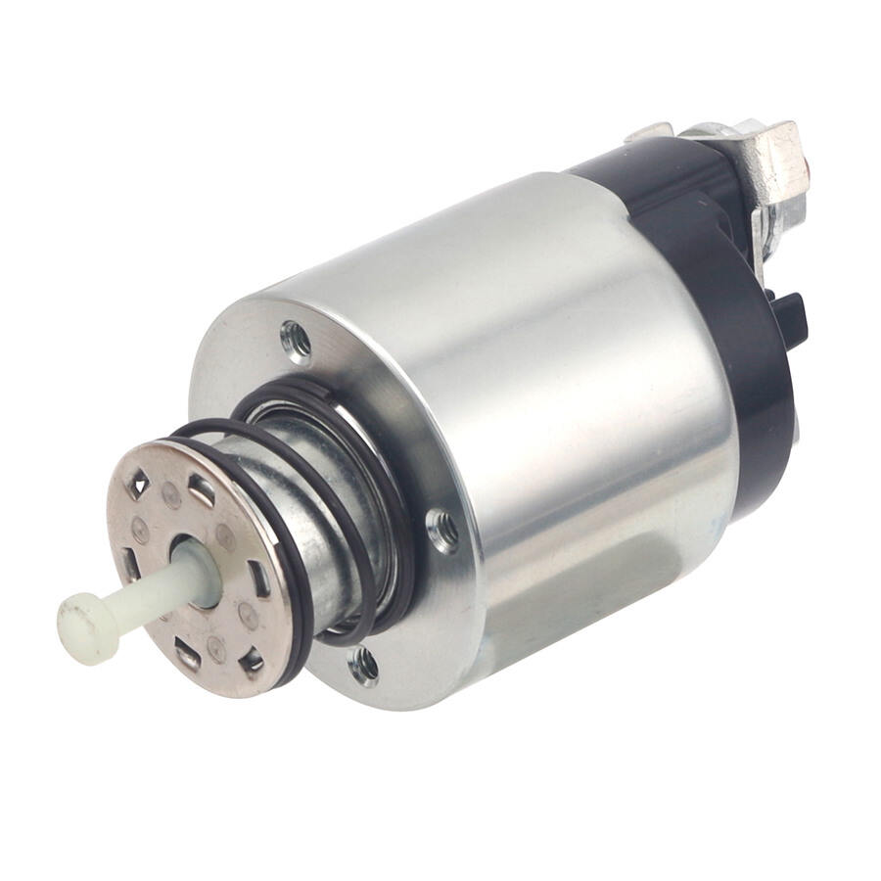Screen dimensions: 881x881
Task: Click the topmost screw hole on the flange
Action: pos(296,341)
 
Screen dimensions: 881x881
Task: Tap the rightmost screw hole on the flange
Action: pos(443,530)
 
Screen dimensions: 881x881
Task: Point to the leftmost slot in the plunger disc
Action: pos(128,563)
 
